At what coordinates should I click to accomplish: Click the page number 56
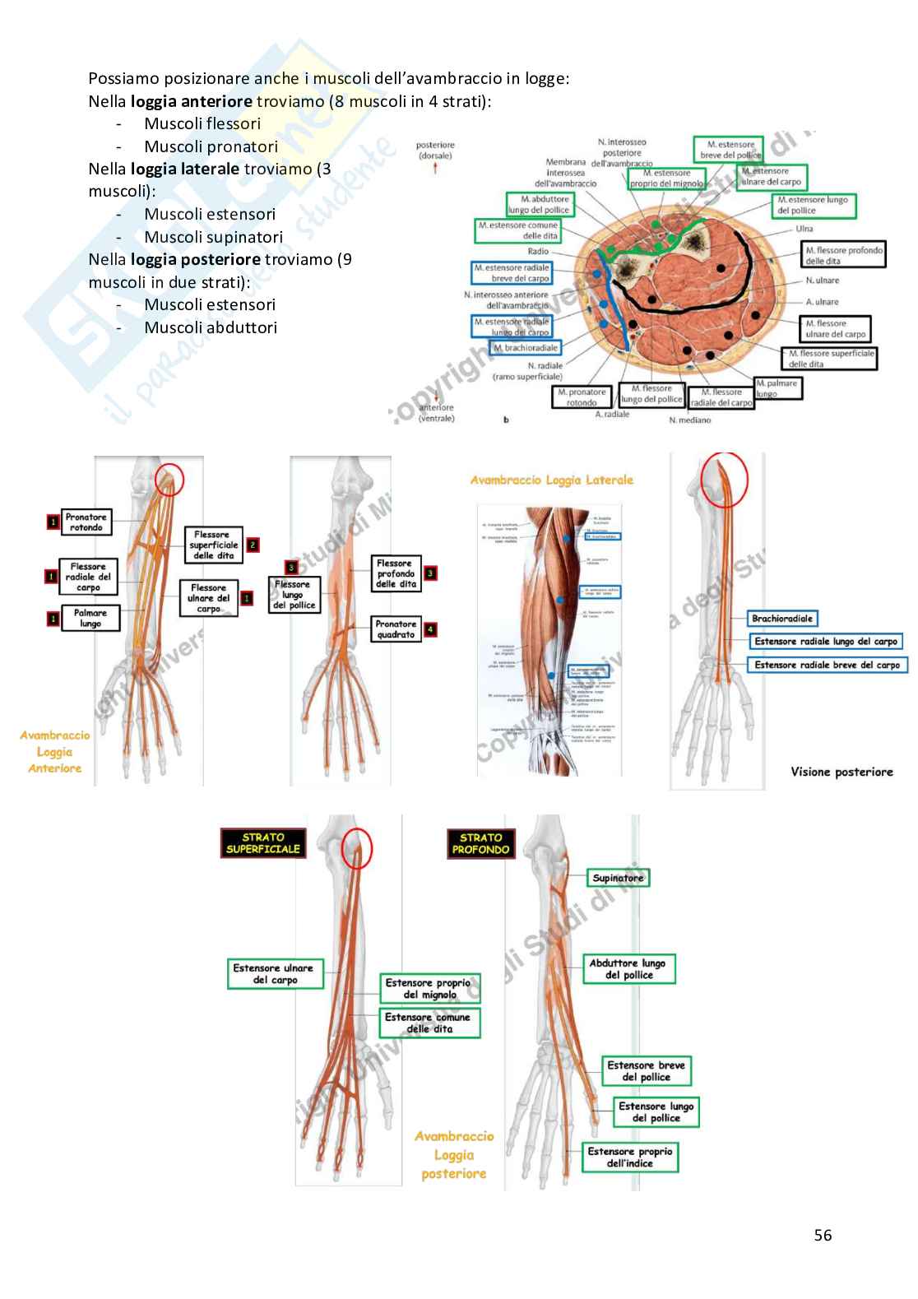(823, 1235)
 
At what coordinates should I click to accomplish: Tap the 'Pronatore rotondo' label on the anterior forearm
(86, 522)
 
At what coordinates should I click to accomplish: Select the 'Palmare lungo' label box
(90, 619)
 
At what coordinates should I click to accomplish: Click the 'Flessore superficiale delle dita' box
(214, 545)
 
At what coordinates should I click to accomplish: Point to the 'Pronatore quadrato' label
(396, 629)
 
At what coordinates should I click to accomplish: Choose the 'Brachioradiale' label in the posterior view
(781, 619)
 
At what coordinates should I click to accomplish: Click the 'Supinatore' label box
(618, 879)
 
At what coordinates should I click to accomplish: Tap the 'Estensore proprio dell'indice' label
(630, 1158)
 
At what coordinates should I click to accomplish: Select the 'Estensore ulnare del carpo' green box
(275, 974)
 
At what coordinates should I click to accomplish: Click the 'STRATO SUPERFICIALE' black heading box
(263, 843)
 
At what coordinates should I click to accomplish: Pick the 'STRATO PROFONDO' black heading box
(480, 843)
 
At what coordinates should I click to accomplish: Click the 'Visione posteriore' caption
(841, 772)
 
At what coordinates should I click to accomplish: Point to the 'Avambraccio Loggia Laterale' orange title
(552, 480)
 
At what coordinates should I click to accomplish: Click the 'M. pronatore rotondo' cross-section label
(582, 397)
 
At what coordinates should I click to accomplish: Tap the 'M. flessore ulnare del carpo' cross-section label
(836, 329)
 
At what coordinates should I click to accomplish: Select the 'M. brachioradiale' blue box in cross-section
(526, 348)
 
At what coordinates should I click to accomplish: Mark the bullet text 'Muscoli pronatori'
(211, 146)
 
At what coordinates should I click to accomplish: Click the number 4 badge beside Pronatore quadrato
(430, 630)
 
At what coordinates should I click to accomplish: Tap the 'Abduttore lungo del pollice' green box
(629, 969)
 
